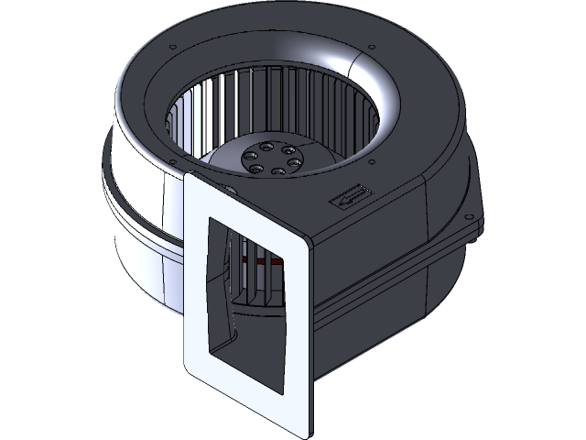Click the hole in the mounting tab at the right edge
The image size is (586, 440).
coord(474,218)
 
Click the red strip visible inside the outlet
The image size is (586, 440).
coord(266,260)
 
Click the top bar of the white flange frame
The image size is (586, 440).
coord(252,209)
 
